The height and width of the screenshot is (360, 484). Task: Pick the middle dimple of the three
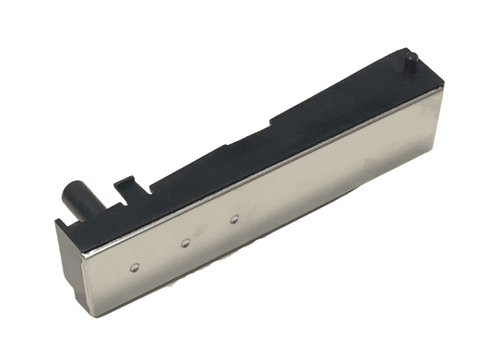pos(185,243)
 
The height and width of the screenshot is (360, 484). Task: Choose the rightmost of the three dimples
pos(234,218)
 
